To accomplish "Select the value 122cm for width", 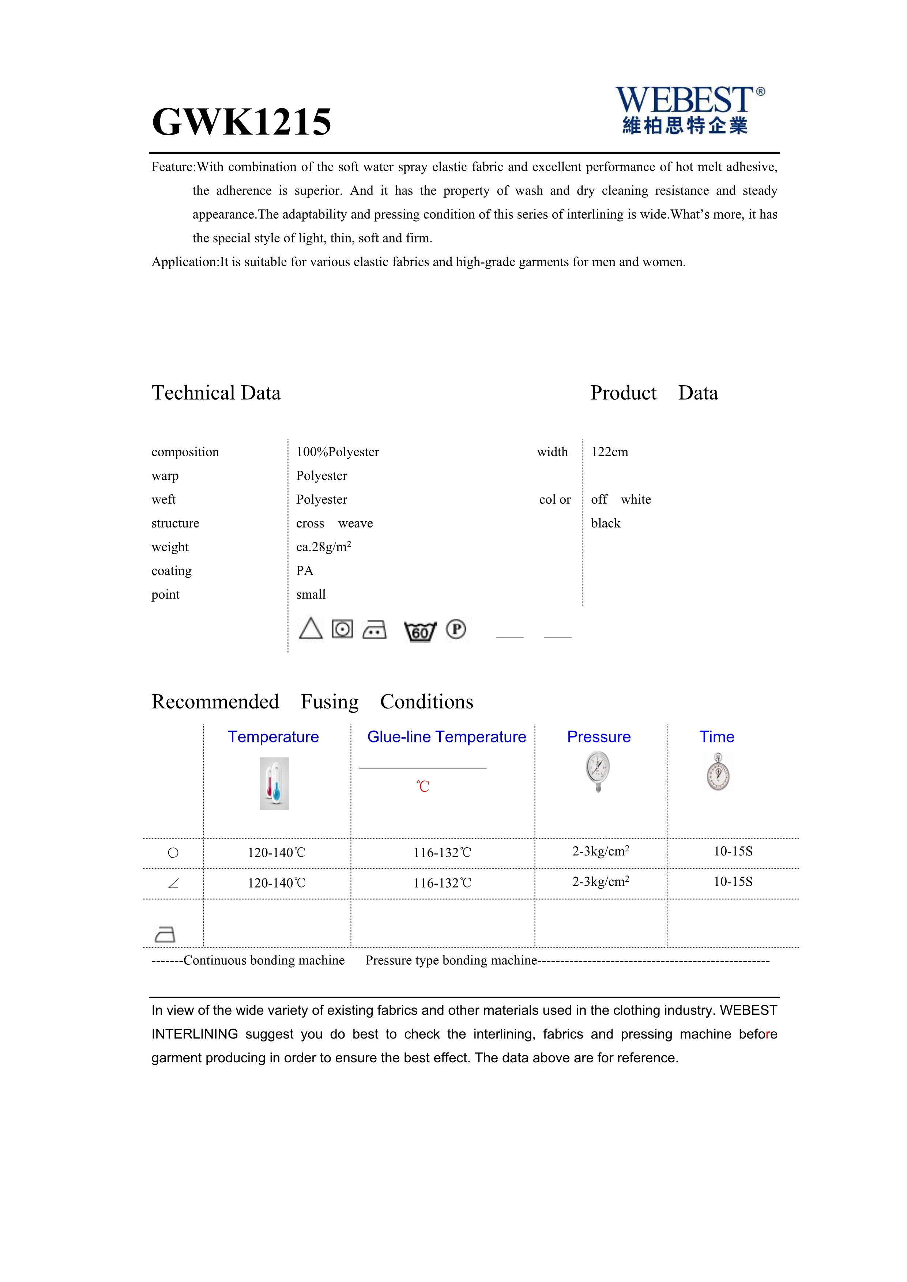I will point(609,452).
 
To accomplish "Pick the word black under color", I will point(605,523).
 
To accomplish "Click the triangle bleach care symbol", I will point(311,629).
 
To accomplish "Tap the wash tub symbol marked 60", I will point(419,631).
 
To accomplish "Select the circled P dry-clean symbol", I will point(456,629).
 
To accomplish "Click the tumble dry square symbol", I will point(342,629).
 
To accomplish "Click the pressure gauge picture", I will point(598,771).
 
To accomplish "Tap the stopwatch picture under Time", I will point(718,772).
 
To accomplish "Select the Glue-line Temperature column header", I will point(446,737).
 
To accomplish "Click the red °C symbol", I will point(423,787).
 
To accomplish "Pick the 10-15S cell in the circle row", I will point(733,851).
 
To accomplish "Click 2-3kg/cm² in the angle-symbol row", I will point(601,882).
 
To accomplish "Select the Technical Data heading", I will point(216,393).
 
